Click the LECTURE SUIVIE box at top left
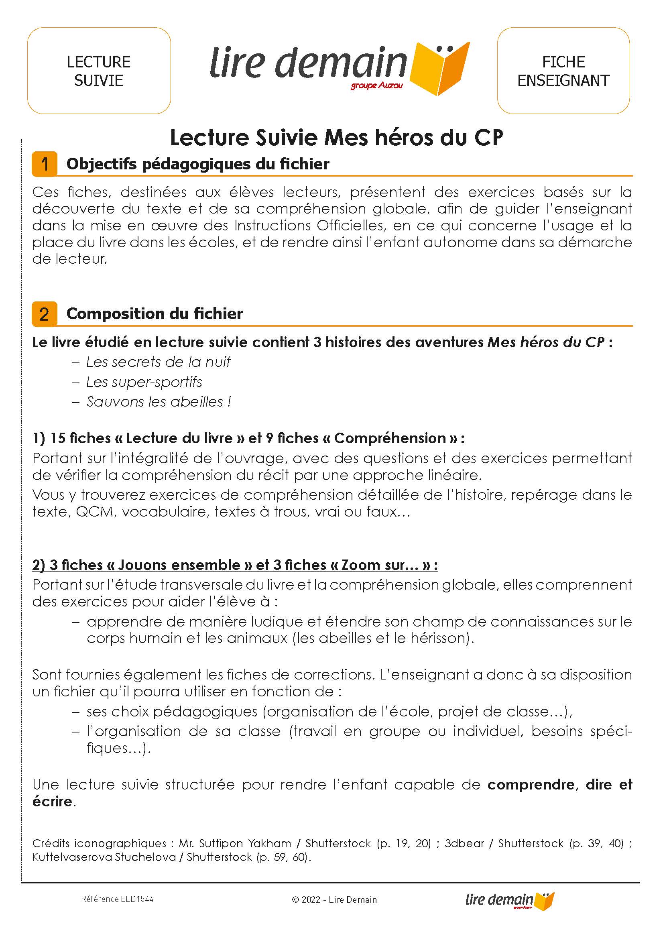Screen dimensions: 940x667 click(x=99, y=71)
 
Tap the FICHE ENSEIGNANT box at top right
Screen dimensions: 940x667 click(x=563, y=71)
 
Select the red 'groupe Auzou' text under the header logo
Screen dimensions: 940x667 click(x=376, y=86)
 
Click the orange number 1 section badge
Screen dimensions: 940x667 click(x=45, y=164)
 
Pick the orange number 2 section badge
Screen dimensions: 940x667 click(x=45, y=314)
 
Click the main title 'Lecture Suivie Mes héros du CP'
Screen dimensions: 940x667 click(x=336, y=138)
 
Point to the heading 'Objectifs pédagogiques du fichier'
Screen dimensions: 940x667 click(x=197, y=164)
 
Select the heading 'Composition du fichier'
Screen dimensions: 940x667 click(x=155, y=314)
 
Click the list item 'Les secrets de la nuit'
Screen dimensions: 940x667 click(x=158, y=362)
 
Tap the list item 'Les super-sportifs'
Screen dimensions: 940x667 click(x=144, y=382)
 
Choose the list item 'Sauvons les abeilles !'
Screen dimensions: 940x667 click(x=159, y=402)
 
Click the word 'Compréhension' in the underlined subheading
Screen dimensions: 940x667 click(x=390, y=438)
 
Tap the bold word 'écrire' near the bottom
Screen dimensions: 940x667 click(x=52, y=802)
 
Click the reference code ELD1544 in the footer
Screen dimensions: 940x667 click(x=137, y=899)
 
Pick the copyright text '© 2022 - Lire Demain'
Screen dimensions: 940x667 click(x=334, y=899)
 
